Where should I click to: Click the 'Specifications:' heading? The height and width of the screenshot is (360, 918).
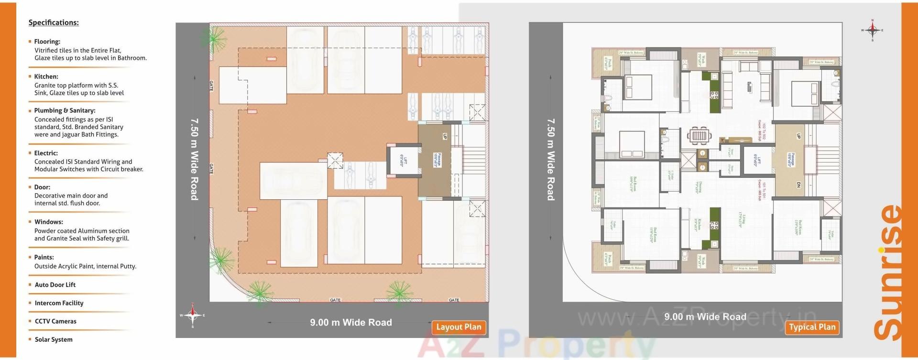(54, 22)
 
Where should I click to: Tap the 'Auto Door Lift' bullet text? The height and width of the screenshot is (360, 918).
(55, 285)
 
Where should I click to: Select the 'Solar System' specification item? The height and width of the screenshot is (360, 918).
(54, 339)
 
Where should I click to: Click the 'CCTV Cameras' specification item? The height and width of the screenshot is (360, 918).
(55, 321)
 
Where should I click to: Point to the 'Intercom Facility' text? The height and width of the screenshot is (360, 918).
(59, 303)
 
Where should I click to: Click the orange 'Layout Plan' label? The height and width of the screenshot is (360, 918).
(459, 327)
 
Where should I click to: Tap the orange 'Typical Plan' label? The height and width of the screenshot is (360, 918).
(812, 327)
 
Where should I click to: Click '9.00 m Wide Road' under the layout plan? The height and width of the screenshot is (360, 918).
(350, 323)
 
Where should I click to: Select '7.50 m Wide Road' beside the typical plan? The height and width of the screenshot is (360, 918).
(551, 159)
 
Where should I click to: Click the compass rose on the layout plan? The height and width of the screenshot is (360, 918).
(192, 315)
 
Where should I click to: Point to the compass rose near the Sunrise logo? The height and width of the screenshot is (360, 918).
(873, 30)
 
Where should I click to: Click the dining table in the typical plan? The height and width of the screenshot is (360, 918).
(699, 136)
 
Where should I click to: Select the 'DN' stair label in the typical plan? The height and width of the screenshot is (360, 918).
(798, 185)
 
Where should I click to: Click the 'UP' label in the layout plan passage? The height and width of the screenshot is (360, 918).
(445, 136)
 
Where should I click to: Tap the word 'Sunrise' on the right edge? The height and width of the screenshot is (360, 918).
(889, 273)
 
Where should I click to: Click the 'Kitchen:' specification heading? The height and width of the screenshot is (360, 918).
(46, 76)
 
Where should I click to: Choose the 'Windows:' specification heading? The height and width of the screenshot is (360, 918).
(48, 222)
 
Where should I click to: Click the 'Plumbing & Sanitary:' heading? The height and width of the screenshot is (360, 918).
(65, 110)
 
